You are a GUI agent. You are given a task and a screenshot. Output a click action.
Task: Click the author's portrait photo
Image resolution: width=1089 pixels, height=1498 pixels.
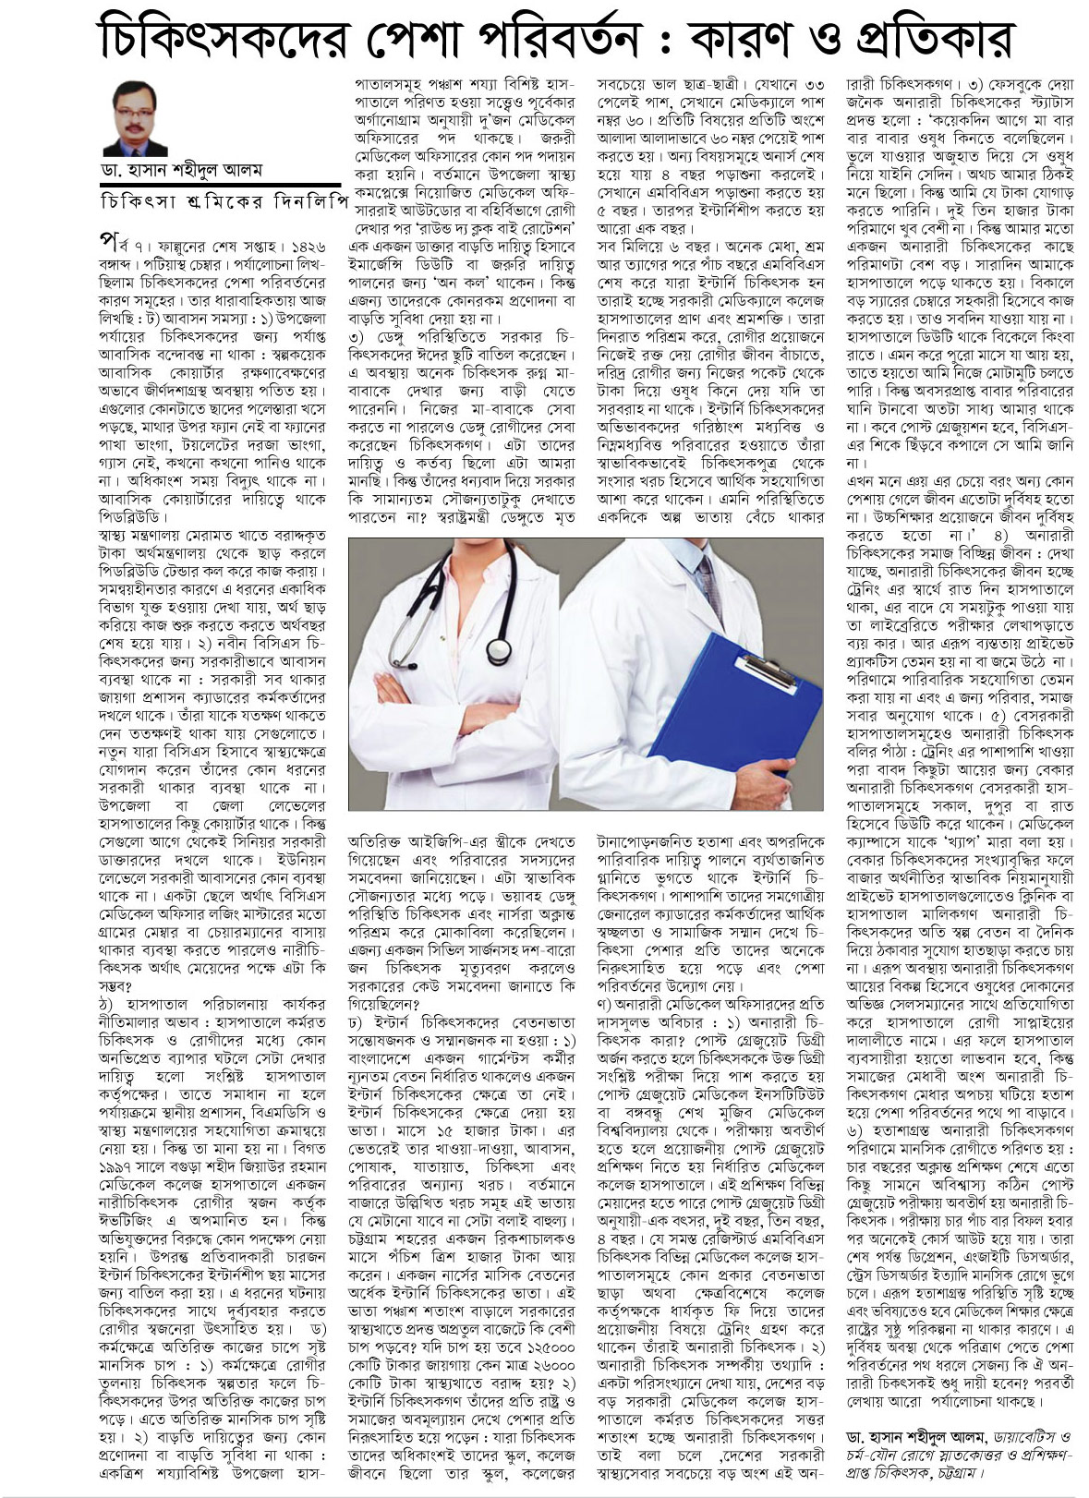135,118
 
